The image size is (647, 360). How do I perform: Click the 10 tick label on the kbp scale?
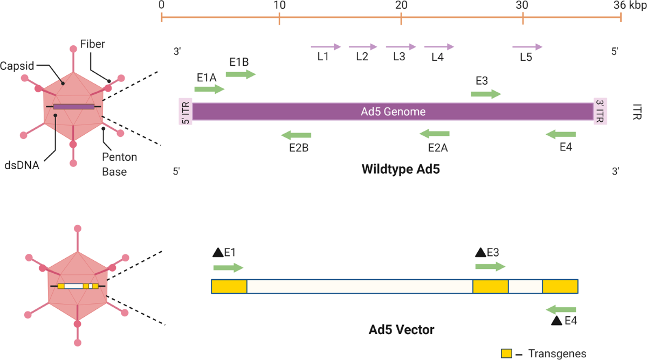(x=279, y=5)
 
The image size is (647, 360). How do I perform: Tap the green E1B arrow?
(x=240, y=74)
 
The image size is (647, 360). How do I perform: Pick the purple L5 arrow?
(x=527, y=47)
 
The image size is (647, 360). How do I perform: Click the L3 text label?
(x=399, y=58)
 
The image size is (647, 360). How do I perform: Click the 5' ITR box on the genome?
(x=185, y=112)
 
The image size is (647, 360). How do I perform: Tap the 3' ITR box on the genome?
(x=600, y=112)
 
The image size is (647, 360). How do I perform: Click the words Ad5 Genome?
(x=393, y=112)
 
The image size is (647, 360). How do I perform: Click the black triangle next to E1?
(x=218, y=252)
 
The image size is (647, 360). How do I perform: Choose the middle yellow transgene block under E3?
(x=490, y=286)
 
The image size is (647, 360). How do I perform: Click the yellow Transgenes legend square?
(x=506, y=353)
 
